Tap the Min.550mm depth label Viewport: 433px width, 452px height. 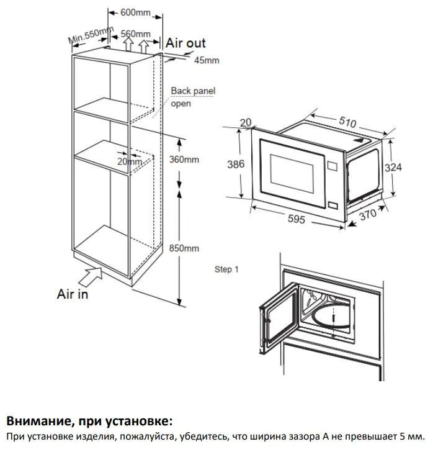(91, 35)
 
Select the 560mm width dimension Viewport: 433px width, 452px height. (135, 34)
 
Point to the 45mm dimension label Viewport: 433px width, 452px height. (207, 60)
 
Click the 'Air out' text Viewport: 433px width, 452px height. (185, 43)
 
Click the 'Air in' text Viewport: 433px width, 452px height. (73, 294)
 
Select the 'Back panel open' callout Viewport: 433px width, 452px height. (192, 97)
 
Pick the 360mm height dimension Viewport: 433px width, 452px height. (184, 160)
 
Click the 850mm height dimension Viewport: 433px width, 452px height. (184, 248)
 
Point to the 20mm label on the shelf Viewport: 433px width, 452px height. (128, 161)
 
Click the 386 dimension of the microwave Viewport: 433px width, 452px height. (235, 165)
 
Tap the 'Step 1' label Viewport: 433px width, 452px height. (226, 269)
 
